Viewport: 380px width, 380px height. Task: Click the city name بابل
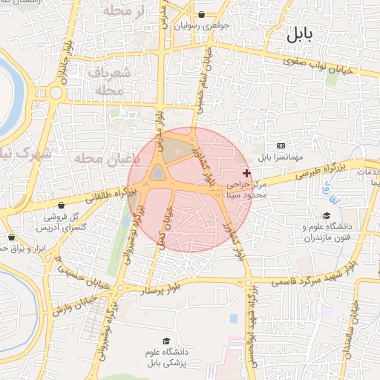click(x=299, y=34)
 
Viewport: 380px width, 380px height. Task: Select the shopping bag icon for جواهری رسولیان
click(x=202, y=14)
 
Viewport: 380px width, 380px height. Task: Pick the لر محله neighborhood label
click(x=117, y=10)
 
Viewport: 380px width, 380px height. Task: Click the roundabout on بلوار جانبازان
click(x=56, y=93)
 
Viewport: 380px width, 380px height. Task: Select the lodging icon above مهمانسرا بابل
click(x=281, y=145)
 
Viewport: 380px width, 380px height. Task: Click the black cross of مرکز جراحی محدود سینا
click(x=246, y=172)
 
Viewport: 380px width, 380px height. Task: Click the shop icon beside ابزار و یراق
click(x=11, y=237)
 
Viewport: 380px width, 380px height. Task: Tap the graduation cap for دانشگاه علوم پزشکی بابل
click(x=166, y=341)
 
